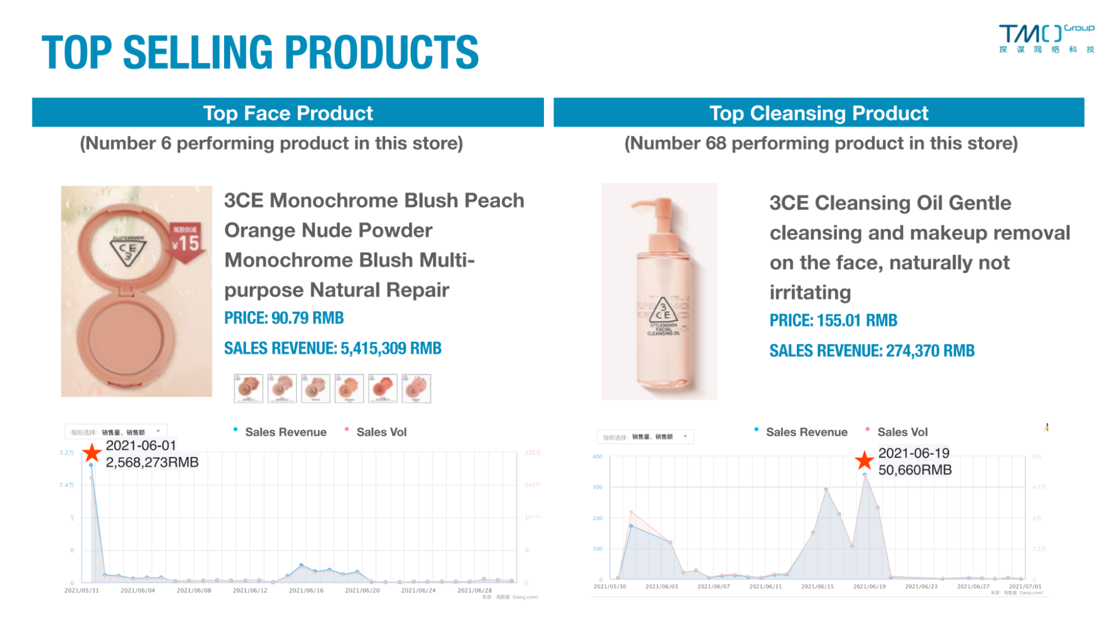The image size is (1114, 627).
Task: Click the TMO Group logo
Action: (1046, 38)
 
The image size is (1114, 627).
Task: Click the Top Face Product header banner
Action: (288, 113)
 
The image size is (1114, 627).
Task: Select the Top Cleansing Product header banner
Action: (818, 113)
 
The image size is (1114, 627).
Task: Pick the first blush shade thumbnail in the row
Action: (248, 388)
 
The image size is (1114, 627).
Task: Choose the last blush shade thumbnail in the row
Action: (416, 388)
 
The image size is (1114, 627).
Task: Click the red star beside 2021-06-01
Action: (92, 453)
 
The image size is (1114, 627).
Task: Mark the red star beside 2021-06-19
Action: (864, 460)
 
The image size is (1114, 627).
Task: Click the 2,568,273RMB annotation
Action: (152, 463)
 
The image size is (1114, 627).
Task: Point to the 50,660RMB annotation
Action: (915, 470)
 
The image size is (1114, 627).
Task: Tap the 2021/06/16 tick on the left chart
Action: (306, 590)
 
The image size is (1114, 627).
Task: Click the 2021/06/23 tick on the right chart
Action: (921, 586)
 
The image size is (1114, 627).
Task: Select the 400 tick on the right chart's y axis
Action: (597, 457)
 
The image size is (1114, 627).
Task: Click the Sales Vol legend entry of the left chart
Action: (381, 432)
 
